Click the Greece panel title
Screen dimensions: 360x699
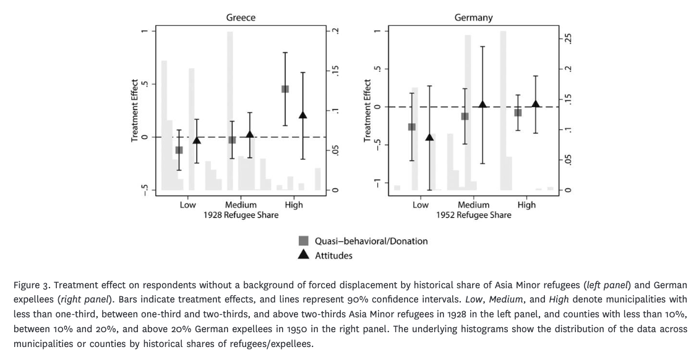[x=241, y=17]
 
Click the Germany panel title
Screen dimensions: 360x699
[x=473, y=17]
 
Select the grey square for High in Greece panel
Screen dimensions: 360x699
[x=285, y=89]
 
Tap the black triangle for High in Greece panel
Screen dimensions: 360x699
[x=303, y=115]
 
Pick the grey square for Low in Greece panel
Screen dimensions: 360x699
[x=179, y=150]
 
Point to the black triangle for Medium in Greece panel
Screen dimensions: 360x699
[x=250, y=134]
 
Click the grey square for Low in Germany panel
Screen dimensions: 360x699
[x=411, y=127]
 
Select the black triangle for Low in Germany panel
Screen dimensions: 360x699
[x=429, y=137]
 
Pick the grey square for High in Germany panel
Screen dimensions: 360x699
[x=518, y=113]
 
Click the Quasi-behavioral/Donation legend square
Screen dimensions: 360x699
[x=303, y=241]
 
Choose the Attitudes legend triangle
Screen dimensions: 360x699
[x=303, y=255]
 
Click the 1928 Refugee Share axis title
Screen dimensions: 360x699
[x=241, y=215]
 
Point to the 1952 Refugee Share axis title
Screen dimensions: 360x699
[x=473, y=215]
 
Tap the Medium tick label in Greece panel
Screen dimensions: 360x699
[x=241, y=205]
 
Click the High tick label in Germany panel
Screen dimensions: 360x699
[x=526, y=205]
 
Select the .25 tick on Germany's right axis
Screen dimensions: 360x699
[x=568, y=39]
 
